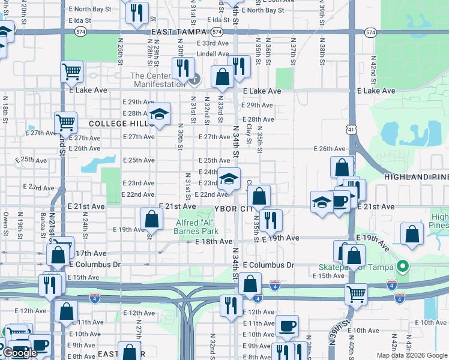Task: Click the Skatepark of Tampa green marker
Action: click(403, 266)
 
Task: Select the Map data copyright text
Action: click(412, 355)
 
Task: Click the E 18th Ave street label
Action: click(214, 241)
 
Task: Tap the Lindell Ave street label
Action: click(213, 54)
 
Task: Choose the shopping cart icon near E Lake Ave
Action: click(71, 72)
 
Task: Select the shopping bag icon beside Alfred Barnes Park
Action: click(151, 218)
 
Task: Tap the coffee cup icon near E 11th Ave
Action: click(287, 326)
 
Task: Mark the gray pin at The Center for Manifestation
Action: click(194, 79)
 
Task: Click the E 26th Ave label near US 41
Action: click(330, 149)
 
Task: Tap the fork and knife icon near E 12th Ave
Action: click(231, 305)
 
